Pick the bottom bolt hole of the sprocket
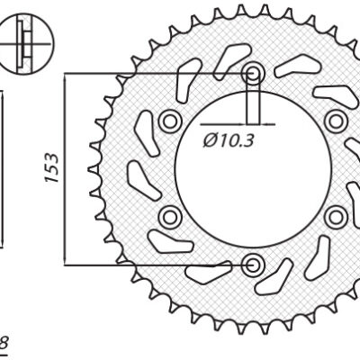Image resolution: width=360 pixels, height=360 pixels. tap(253, 264)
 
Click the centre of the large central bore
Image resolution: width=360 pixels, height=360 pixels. tap(253, 169)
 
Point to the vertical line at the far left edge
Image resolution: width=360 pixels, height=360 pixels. tap(2, 166)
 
